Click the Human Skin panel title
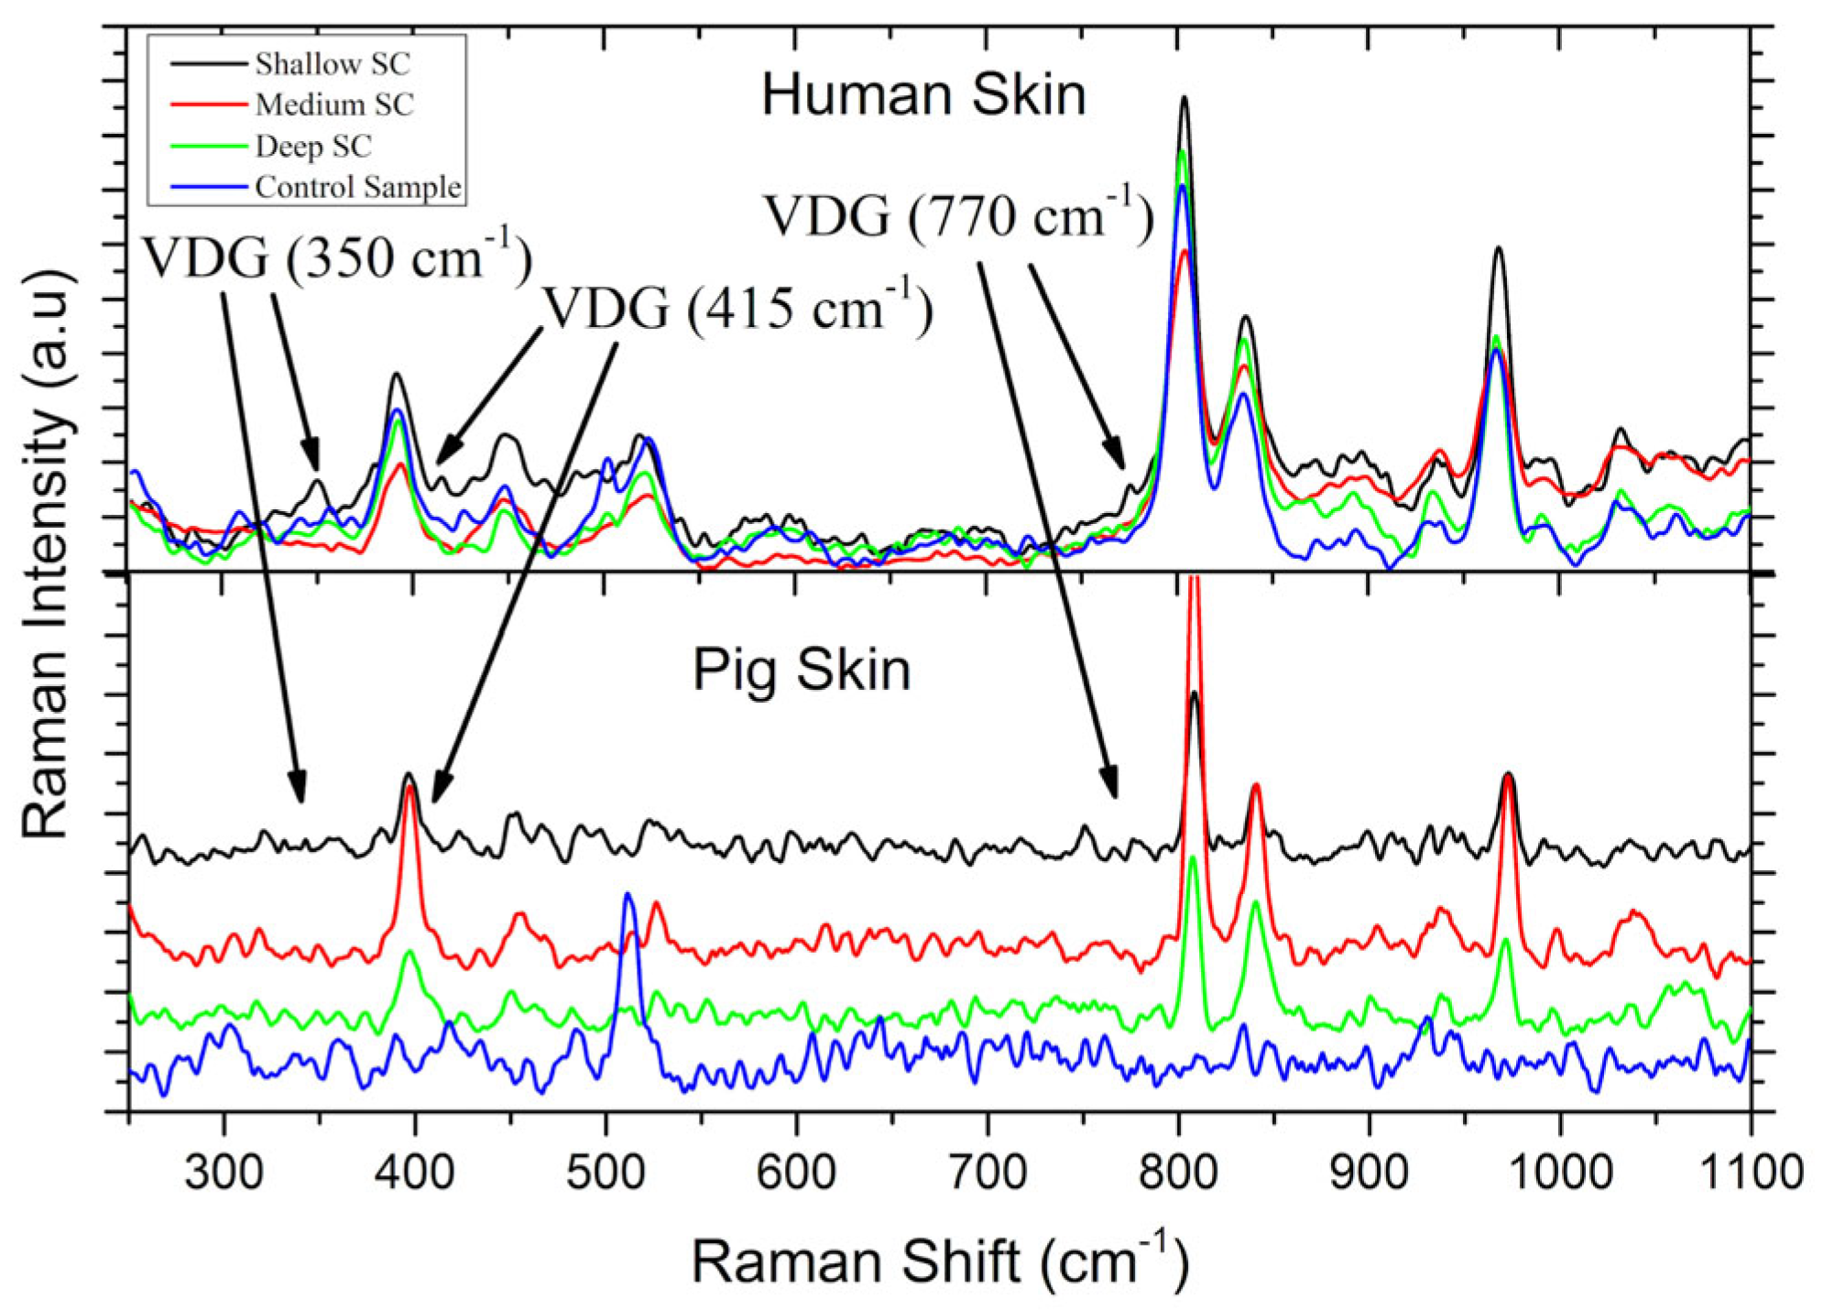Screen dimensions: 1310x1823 [x=923, y=95]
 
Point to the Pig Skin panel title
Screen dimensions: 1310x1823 [x=802, y=670]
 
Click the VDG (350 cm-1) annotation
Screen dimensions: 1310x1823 [x=337, y=257]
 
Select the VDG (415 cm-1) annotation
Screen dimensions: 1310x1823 [x=738, y=308]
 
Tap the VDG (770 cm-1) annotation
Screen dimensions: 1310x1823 [x=958, y=217]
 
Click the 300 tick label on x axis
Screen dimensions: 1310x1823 [x=223, y=1173]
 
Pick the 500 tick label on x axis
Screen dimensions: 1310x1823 [x=605, y=1173]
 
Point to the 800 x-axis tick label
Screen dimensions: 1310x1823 [x=1178, y=1173]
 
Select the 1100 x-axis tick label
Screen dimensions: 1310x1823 [x=1751, y=1173]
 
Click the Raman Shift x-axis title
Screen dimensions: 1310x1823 [x=940, y=1261]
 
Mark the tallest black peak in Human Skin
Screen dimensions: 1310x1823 [x=1184, y=98]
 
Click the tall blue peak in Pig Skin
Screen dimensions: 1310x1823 [x=628, y=895]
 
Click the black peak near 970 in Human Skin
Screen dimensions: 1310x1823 [x=1498, y=249]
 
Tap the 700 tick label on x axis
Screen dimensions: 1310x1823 [x=987, y=1173]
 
